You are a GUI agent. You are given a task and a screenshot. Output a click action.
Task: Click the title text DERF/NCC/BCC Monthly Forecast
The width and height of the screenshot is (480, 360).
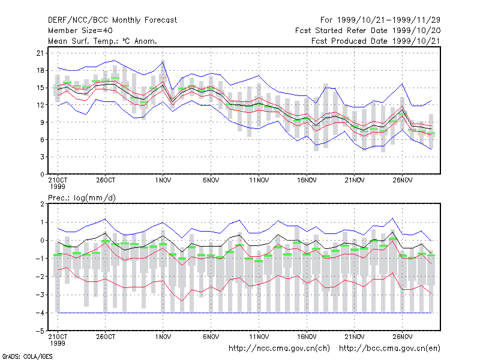coord(112,20)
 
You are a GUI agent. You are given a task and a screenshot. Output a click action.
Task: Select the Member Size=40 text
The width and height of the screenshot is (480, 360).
coord(80,31)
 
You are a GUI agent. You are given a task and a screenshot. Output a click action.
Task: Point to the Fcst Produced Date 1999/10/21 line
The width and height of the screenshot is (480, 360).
coord(376,41)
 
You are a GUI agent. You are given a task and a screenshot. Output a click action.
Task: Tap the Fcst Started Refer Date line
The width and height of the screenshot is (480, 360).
coord(368,31)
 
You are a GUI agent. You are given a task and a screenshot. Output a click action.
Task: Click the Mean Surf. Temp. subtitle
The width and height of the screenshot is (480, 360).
coord(103,41)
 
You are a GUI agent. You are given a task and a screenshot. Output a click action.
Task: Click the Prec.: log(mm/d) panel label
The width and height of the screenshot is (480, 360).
coord(82,198)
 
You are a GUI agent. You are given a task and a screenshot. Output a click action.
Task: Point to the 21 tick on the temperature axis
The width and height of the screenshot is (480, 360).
coord(40,53)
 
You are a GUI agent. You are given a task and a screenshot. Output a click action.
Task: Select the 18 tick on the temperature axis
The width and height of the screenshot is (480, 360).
coord(40,70)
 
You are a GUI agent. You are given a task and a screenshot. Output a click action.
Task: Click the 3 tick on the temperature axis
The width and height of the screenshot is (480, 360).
coord(42,157)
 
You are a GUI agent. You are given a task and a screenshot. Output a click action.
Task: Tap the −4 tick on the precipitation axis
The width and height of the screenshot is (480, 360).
coord(40,313)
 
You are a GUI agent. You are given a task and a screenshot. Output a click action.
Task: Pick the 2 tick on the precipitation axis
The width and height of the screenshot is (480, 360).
coord(42,204)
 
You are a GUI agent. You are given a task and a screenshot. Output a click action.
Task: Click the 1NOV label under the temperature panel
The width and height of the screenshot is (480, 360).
coord(163,181)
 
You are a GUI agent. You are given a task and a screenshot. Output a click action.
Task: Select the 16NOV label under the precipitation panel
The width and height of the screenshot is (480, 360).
coord(307,337)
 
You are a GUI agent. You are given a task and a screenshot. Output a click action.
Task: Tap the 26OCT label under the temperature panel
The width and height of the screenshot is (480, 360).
coord(106,181)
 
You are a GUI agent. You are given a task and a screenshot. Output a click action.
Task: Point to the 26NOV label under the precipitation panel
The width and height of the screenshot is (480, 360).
coord(403,337)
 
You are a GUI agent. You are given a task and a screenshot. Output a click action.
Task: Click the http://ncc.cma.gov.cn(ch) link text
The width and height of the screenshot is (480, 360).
coord(279,349)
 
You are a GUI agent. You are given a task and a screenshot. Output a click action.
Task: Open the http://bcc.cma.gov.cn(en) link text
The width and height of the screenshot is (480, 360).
coord(389,349)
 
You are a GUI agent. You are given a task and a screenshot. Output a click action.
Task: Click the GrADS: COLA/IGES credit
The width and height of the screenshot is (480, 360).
coord(28,356)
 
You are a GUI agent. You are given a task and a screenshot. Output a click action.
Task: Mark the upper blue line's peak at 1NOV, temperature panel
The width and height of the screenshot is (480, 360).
coord(163,62)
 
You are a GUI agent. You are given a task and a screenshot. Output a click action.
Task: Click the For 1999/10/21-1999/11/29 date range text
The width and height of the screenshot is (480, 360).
coord(380,20)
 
